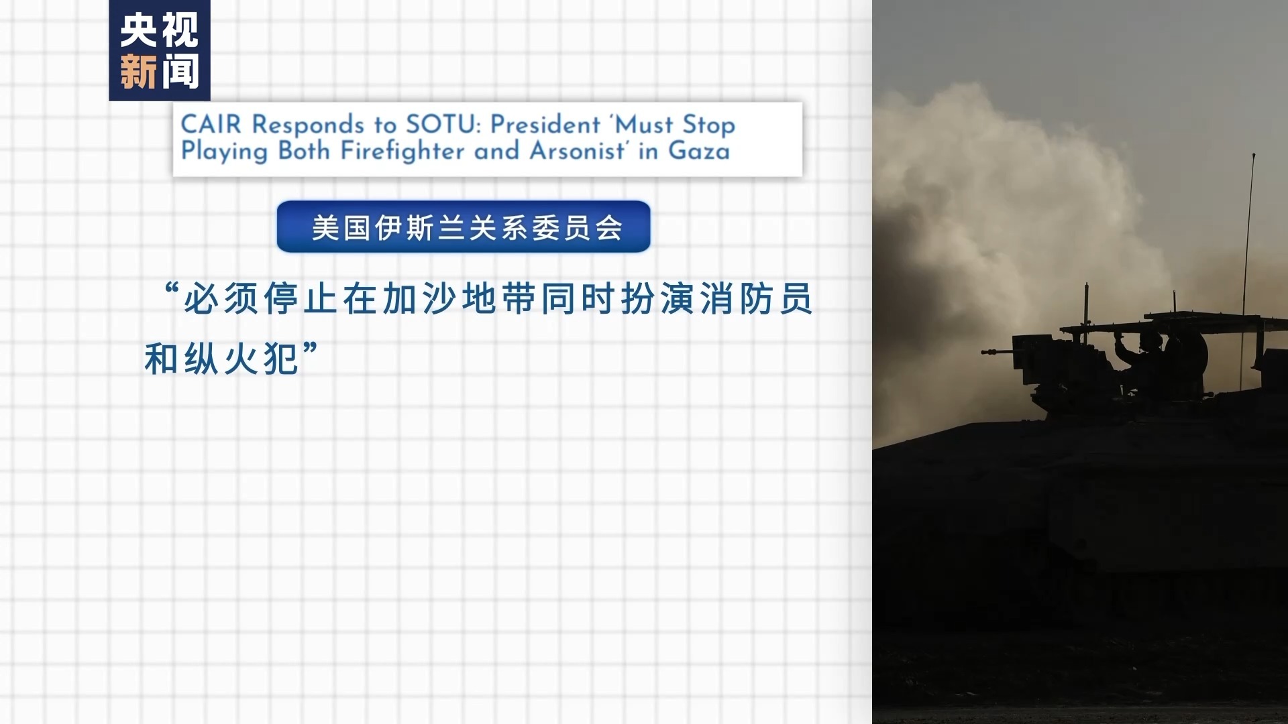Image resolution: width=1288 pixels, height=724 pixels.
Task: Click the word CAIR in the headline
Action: (x=211, y=125)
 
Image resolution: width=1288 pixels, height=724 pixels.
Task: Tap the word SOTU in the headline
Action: (x=443, y=125)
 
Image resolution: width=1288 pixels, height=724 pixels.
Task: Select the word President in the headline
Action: (x=545, y=125)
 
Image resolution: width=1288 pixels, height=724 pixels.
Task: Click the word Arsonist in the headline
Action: (x=580, y=151)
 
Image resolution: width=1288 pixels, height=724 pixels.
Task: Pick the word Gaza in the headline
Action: (x=699, y=152)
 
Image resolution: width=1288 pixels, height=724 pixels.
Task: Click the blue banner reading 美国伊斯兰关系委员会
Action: (x=464, y=227)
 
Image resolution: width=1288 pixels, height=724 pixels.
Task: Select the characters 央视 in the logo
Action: (x=160, y=30)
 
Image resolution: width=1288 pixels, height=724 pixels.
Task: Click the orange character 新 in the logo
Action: (x=139, y=72)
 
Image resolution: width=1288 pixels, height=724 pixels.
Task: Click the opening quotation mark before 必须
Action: (x=172, y=291)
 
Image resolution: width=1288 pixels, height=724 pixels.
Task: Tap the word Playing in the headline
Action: (x=225, y=152)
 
